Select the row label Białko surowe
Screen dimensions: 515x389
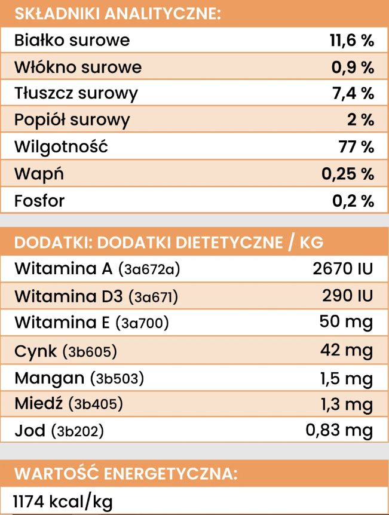click(x=72, y=41)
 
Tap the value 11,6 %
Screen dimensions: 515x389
click(x=352, y=41)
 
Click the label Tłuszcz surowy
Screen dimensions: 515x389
click(x=76, y=94)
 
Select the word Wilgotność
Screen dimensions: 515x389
click(x=62, y=147)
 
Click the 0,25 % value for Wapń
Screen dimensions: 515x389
click(x=348, y=174)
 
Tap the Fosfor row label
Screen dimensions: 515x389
click(x=39, y=201)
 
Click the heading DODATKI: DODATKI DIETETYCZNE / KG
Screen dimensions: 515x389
click(x=169, y=243)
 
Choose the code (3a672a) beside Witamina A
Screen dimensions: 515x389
click(x=149, y=270)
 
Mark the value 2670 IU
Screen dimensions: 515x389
click(x=343, y=269)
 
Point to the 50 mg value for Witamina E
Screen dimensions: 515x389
click(x=346, y=323)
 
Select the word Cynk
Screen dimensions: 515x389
click(x=35, y=351)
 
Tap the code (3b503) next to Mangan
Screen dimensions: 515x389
click(x=117, y=378)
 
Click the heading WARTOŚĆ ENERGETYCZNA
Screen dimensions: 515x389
click(x=125, y=474)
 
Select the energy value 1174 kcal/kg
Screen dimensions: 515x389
click(x=63, y=501)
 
